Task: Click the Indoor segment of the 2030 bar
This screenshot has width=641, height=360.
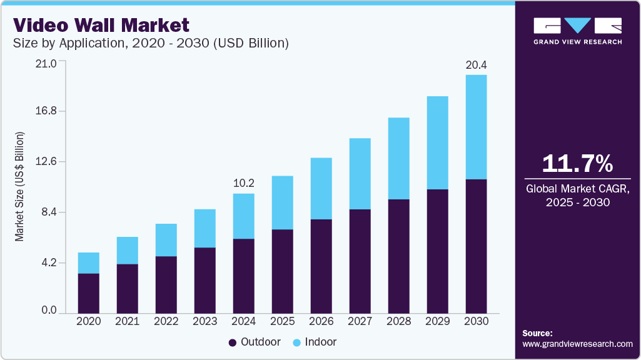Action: [476, 127]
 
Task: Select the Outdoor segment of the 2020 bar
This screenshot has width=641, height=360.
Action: [88, 292]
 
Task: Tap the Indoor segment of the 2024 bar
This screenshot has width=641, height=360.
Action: [243, 216]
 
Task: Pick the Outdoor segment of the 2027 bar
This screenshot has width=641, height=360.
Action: [360, 261]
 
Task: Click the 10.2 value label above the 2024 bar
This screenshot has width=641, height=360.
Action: [243, 183]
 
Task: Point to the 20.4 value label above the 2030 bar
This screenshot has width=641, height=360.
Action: [476, 64]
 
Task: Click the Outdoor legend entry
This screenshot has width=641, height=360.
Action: [255, 342]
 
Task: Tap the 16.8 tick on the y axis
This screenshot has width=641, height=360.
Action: [46, 111]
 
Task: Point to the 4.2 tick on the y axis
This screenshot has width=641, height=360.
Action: [48, 263]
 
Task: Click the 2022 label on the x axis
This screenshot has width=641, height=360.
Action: [166, 321]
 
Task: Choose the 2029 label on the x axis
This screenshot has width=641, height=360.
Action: [437, 321]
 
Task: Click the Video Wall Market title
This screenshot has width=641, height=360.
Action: [101, 26]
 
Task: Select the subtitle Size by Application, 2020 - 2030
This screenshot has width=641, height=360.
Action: [150, 43]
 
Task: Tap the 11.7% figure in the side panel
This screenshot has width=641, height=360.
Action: [577, 163]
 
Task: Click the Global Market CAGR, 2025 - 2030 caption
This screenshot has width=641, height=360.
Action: [577, 195]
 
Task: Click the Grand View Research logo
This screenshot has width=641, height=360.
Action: [577, 31]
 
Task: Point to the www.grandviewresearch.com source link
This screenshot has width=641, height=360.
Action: [577, 344]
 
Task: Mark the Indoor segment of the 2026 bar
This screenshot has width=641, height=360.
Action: [321, 189]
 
